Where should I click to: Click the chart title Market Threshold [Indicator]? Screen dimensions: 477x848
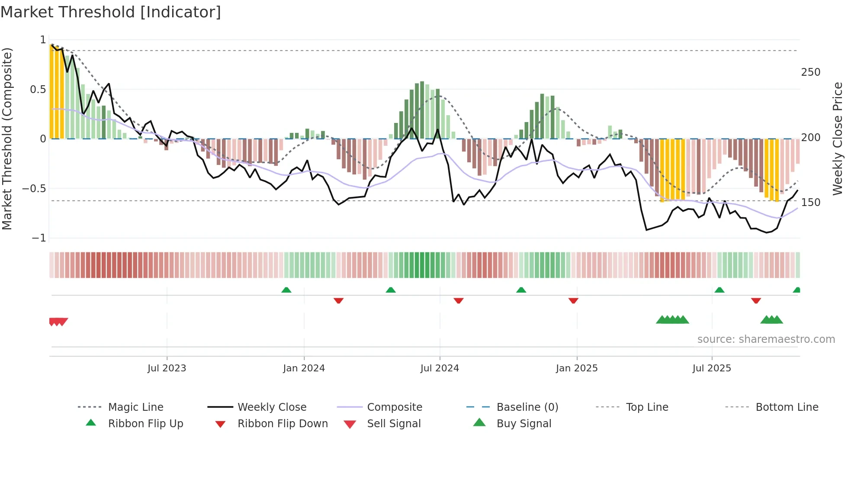point(111,12)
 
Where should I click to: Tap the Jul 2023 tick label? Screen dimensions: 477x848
point(167,368)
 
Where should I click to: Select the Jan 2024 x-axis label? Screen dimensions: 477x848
point(304,368)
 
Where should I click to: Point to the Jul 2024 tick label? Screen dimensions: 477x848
point(440,368)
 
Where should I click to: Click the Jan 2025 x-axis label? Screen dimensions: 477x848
point(577,368)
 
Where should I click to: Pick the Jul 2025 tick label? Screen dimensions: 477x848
point(712,368)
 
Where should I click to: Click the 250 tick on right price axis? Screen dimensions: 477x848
point(810,72)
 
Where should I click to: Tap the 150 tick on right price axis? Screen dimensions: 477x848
point(810,203)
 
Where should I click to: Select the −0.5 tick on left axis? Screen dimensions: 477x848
point(34,189)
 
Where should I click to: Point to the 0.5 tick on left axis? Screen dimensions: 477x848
point(38,90)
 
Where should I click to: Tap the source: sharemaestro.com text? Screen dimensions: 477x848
point(766,339)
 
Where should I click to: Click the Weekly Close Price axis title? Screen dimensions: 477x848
point(838,139)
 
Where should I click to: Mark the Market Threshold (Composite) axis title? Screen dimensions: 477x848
point(7,139)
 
